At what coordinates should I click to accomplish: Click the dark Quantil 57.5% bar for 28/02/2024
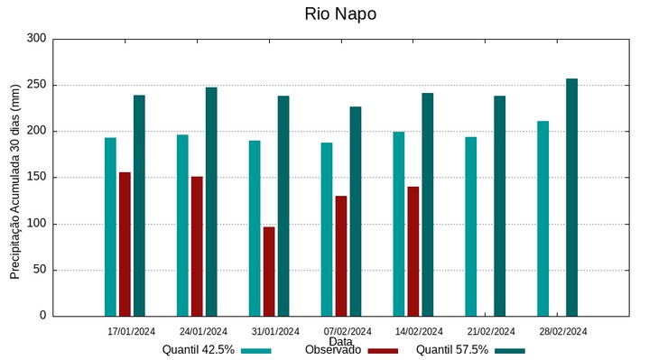[x=571, y=197]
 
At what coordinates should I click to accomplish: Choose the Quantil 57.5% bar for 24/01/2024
[x=211, y=201]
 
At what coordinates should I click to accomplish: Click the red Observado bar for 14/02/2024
[x=413, y=251]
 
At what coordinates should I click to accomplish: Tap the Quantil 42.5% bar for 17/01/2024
[x=110, y=226]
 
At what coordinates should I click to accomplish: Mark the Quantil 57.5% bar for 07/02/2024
[x=356, y=211]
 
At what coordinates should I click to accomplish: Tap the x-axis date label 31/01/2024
[x=275, y=331]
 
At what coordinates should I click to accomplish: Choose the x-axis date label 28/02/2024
[x=562, y=331]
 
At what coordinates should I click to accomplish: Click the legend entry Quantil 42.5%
[x=199, y=350]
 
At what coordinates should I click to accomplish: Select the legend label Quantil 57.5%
[x=452, y=350]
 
